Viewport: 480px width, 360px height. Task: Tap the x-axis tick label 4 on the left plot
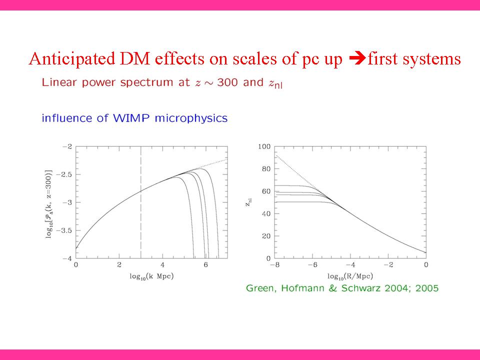162,264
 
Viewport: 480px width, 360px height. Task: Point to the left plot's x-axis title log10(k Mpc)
148,276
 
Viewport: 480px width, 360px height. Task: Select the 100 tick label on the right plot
264,146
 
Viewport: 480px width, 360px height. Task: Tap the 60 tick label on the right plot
266,191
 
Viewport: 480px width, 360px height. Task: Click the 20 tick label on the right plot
266,236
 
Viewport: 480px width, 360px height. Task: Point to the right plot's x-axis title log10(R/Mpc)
350,276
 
